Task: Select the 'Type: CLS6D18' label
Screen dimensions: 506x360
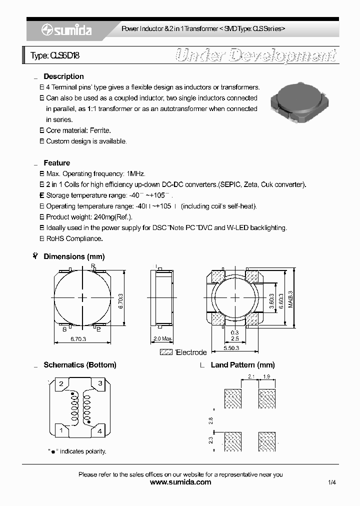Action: (x=55, y=56)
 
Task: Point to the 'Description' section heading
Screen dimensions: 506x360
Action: (x=63, y=76)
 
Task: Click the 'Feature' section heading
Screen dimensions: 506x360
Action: (x=56, y=163)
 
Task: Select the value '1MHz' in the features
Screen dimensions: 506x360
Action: (x=135, y=174)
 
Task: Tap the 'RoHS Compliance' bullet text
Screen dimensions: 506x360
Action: (x=74, y=238)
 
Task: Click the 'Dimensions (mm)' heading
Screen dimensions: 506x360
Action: (x=74, y=256)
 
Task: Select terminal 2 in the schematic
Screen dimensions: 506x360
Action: (x=61, y=384)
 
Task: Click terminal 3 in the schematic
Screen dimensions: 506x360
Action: (x=100, y=384)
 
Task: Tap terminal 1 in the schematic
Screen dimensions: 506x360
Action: (x=61, y=430)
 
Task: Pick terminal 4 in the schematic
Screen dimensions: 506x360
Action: (x=100, y=430)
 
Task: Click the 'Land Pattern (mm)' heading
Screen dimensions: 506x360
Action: (x=242, y=365)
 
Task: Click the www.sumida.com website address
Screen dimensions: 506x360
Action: (x=180, y=482)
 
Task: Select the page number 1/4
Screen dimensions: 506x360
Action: (x=332, y=482)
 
